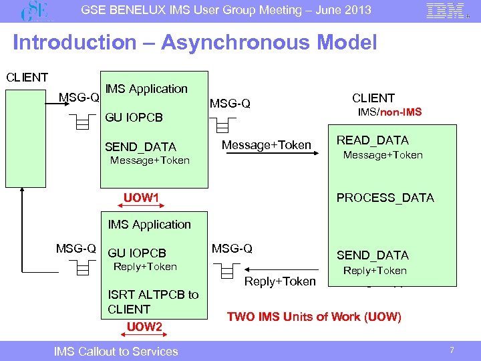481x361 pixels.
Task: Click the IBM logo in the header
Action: point(445,11)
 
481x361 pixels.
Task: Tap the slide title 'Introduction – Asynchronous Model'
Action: point(194,43)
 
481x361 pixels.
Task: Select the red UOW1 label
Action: point(141,198)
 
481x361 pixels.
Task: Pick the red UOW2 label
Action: point(144,326)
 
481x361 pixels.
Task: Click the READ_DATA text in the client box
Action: point(372,140)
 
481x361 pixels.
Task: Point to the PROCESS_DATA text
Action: point(385,198)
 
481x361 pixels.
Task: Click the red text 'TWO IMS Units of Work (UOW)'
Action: point(314,317)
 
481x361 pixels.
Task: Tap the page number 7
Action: point(452,351)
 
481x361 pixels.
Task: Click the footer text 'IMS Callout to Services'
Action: point(116,351)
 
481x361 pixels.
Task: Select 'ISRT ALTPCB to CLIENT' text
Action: point(152,302)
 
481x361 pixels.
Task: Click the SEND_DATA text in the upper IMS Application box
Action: point(140,147)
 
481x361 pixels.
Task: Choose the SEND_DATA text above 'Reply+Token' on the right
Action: point(372,255)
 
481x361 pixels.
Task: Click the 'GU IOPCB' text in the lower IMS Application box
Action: point(136,253)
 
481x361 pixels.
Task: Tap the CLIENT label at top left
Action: point(27,77)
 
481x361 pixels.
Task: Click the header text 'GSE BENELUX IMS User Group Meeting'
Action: point(226,10)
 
